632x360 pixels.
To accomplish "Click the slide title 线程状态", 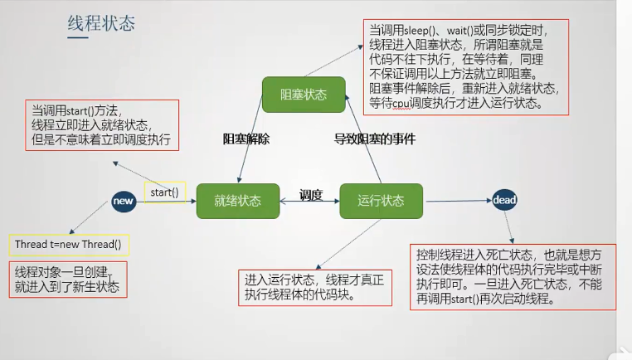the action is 101,23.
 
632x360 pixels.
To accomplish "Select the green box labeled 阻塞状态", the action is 304,95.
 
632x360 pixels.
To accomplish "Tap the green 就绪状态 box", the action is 238,202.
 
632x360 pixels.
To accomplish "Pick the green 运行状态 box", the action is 382,202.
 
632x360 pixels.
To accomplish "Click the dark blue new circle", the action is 124,202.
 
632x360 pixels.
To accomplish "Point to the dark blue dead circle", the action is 504,200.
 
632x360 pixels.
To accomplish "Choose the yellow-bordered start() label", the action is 165,192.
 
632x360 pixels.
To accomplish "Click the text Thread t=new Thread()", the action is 68,245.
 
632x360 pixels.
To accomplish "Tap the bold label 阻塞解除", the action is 246,139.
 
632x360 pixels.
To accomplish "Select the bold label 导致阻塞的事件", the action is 375,139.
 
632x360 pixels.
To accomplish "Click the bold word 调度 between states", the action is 311,195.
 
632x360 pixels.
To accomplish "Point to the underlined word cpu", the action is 401,103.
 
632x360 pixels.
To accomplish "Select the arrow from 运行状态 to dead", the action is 459,201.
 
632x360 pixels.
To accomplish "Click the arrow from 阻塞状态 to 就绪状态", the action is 250,139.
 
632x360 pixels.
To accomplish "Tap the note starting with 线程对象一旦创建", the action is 68,280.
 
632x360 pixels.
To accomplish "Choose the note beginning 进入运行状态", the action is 315,288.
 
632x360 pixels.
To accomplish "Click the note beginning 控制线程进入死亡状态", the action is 513,277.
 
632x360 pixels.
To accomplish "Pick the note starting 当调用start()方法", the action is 102,125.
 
